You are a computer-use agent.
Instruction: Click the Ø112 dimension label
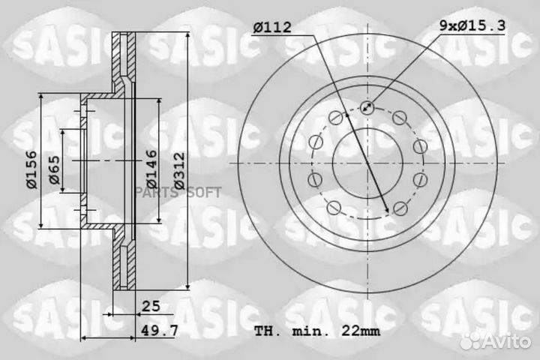click(274, 28)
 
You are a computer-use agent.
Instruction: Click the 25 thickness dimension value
click(151, 305)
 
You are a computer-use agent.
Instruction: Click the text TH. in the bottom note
click(268, 330)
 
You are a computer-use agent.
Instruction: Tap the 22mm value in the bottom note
click(360, 330)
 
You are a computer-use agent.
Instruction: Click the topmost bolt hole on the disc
click(367, 106)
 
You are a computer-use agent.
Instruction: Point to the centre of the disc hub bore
click(367, 162)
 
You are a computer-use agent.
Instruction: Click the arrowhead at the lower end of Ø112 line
click(386, 212)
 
